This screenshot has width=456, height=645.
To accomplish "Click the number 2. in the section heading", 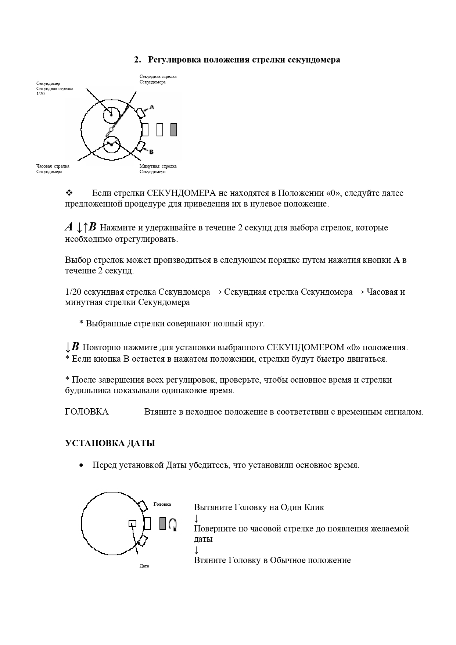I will click(x=137, y=60).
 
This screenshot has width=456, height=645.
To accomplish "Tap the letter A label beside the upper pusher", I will click(x=152, y=107).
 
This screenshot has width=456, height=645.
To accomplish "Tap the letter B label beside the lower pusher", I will click(x=151, y=152).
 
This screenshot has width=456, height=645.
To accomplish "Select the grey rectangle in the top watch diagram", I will click(x=174, y=130).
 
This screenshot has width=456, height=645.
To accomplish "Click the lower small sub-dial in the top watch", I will click(x=112, y=144).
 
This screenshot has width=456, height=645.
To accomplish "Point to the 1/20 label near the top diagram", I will click(x=40, y=94).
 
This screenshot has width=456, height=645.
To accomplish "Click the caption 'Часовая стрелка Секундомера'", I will click(x=53, y=169).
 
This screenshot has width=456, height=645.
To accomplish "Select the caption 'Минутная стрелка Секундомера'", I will click(x=158, y=169).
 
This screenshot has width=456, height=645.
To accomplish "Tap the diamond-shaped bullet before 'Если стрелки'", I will click(x=69, y=193).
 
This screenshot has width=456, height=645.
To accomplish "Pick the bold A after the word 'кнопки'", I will click(x=396, y=260).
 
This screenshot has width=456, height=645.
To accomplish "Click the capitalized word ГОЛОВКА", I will click(x=87, y=412).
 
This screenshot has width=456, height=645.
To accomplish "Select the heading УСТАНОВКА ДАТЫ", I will click(x=110, y=443).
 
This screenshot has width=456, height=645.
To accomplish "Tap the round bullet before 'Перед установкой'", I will click(x=81, y=465).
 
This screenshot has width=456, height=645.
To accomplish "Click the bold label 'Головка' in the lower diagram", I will click(x=162, y=504).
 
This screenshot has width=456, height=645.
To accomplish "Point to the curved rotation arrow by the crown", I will click(x=173, y=524).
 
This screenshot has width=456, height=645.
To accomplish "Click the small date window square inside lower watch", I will click(x=132, y=523).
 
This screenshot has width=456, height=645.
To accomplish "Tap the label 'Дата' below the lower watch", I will click(x=144, y=566).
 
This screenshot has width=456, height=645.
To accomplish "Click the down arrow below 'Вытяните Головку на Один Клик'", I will click(x=196, y=518).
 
